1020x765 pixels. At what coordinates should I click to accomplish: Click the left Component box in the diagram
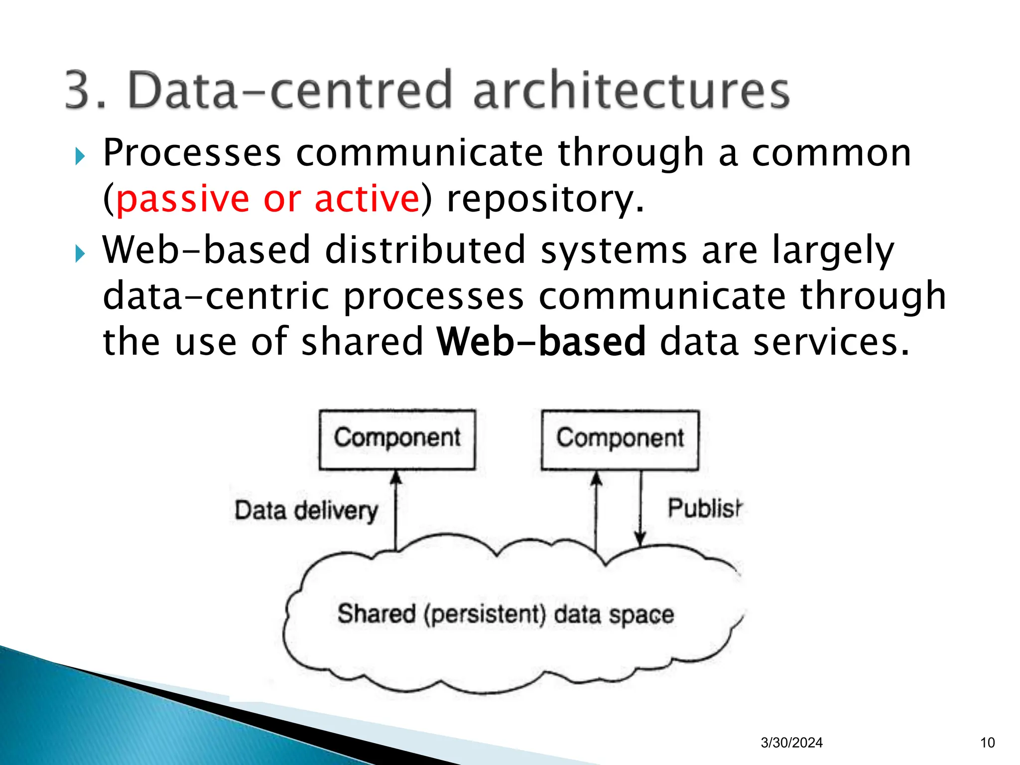click(x=397, y=439)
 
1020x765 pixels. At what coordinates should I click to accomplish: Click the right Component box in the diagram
click(x=620, y=439)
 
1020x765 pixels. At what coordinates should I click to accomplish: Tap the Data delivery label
click(x=306, y=511)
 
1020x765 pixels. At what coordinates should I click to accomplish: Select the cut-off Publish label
click(x=704, y=509)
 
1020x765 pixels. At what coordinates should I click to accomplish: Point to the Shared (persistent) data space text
click(x=506, y=614)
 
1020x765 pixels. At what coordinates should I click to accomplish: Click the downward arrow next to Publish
click(x=640, y=508)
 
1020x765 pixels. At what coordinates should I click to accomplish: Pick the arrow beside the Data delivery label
click(x=396, y=510)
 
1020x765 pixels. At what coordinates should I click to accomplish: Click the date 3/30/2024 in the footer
click(x=791, y=743)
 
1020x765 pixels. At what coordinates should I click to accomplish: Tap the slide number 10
click(x=987, y=743)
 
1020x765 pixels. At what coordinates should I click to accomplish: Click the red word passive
click(x=182, y=199)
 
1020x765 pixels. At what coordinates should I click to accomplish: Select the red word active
click(x=367, y=199)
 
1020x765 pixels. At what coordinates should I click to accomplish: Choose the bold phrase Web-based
click(x=541, y=342)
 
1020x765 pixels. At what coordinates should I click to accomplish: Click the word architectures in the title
click(x=631, y=90)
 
